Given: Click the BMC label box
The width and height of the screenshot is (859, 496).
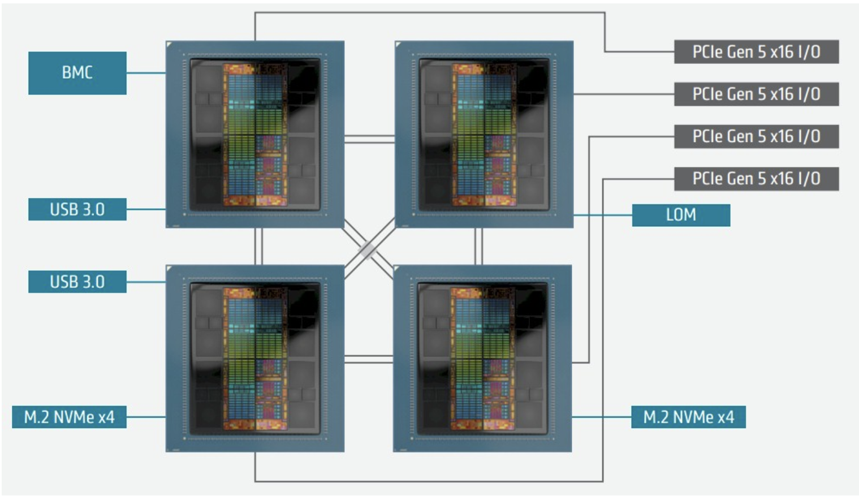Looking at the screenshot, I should click(77, 73).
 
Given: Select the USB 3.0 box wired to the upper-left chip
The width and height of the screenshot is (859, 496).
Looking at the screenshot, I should click(77, 209).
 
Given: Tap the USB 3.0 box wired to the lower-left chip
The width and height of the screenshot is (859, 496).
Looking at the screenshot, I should click(77, 282).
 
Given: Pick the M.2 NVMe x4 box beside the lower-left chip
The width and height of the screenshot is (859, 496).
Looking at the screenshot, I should click(69, 417).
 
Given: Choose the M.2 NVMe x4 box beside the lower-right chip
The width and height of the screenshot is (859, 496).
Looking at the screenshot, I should click(688, 417).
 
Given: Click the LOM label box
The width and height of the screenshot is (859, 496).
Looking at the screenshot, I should click(681, 215).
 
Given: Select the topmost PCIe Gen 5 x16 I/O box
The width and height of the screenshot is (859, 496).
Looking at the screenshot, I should click(756, 52).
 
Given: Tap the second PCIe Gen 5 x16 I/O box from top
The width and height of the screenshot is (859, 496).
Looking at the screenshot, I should click(756, 94).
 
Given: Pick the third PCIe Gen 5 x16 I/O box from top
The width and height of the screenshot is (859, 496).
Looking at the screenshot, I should click(756, 136).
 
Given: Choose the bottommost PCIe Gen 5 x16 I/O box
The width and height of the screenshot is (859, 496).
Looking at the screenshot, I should click(756, 179).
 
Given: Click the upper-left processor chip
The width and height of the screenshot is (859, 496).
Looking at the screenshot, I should click(255, 135).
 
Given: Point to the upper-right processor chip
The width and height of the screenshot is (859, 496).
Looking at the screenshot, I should click(484, 135).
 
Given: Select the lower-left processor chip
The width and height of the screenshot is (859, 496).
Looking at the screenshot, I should click(255, 358).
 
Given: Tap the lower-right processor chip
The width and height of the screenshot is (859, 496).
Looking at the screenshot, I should click(482, 358).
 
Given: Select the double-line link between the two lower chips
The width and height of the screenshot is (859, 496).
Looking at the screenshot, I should click(369, 359).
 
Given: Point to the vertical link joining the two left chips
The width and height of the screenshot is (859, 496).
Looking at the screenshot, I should click(258, 247).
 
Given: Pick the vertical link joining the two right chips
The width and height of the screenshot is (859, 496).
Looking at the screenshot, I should click(478, 247).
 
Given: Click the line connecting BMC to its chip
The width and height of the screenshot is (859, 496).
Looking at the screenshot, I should click(146, 73).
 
